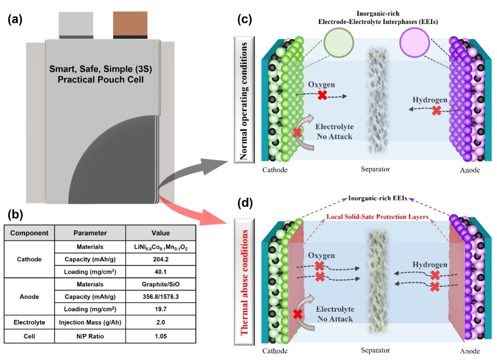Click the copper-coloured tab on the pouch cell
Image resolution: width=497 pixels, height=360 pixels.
[x=130, y=24]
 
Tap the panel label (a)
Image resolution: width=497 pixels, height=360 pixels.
[x=17, y=20]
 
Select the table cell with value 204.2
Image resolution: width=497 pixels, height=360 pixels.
[x=161, y=259]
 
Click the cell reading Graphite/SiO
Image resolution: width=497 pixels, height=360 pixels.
[x=161, y=284]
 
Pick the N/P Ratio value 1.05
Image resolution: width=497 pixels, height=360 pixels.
[x=161, y=336]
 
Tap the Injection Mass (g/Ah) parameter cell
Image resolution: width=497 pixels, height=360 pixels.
[x=90, y=323]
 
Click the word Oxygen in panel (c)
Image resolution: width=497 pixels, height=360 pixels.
[x=322, y=85]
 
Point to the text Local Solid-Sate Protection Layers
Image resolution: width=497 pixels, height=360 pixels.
[x=377, y=216]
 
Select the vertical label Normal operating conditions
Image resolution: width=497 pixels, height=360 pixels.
[x=244, y=101]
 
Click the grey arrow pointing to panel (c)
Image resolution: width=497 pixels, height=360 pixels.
[x=193, y=168]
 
